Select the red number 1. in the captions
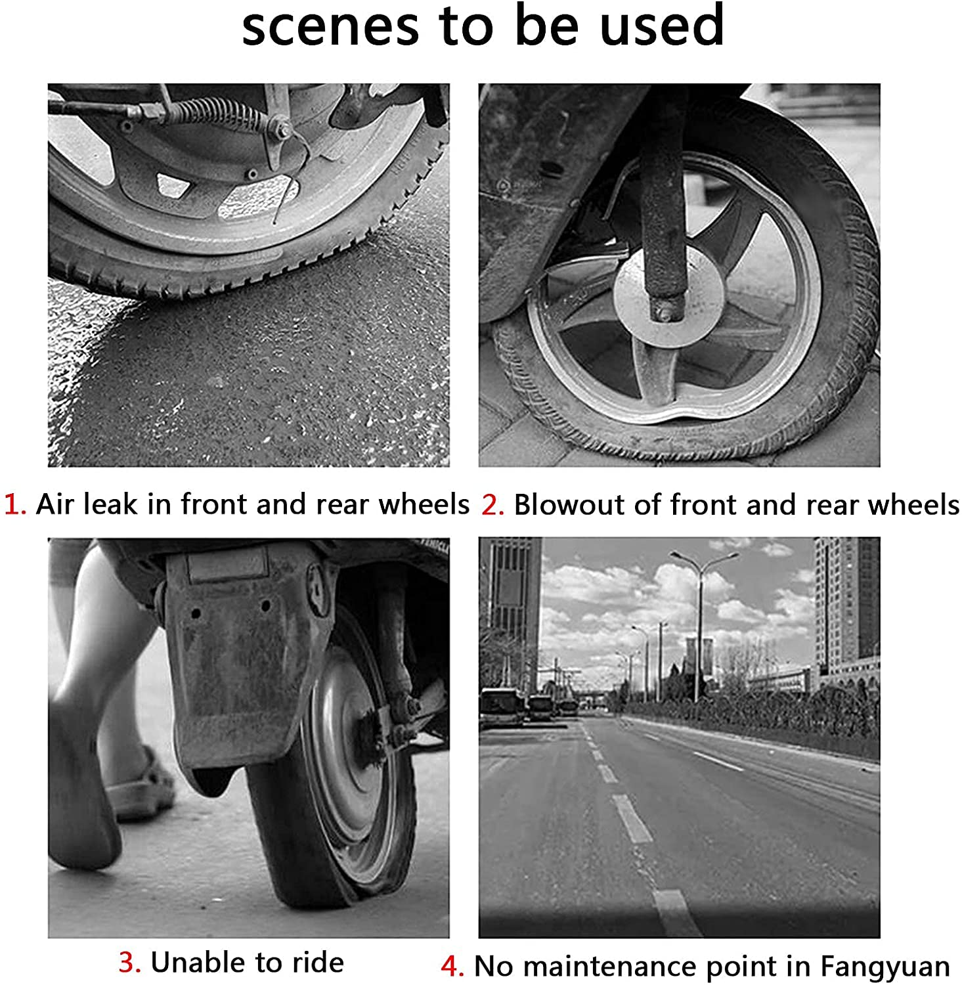point(15,504)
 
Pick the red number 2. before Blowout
point(492,505)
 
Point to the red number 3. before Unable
point(130,962)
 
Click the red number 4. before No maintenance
point(452,967)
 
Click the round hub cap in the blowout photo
point(668,299)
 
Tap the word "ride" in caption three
point(318,962)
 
